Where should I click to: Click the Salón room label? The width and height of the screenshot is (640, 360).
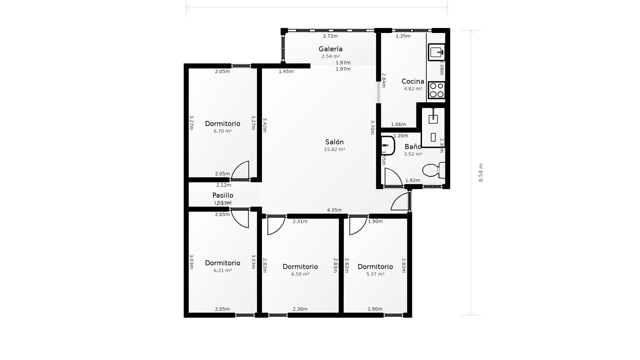pyautogui.click(x=334, y=142)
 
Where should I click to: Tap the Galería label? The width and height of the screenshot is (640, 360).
pyautogui.click(x=330, y=49)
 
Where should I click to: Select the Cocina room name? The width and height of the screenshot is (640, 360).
pyautogui.click(x=413, y=81)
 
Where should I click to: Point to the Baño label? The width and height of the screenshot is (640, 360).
pyautogui.click(x=413, y=147)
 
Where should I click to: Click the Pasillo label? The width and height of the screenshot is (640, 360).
pyautogui.click(x=223, y=195)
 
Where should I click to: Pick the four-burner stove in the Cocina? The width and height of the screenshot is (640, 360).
pyautogui.click(x=436, y=90)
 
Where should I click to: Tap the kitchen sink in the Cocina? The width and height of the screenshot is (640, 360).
pyautogui.click(x=436, y=52)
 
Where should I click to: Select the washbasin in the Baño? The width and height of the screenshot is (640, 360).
pyautogui.click(x=387, y=146)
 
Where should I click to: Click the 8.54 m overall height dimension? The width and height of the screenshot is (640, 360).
pyautogui.click(x=481, y=173)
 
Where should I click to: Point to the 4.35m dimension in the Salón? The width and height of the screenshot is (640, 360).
pyautogui.click(x=334, y=210)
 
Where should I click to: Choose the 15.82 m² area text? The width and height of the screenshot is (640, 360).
pyautogui.click(x=334, y=149)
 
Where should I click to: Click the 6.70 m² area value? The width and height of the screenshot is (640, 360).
pyautogui.click(x=223, y=131)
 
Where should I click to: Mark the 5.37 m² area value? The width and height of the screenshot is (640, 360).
pyautogui.click(x=375, y=274)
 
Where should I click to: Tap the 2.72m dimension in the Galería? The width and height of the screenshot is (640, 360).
pyautogui.click(x=330, y=36)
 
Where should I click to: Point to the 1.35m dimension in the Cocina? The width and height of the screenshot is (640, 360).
pyautogui.click(x=403, y=36)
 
